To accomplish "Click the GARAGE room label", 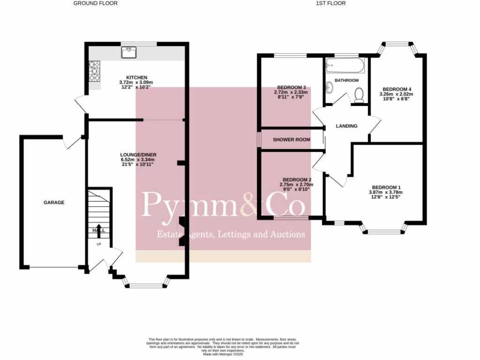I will tap(54, 202).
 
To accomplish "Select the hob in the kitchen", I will tap(94, 72).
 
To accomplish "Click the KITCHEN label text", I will tap(137, 77).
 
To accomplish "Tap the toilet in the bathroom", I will tap(360, 96).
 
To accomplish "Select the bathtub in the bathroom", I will tap(345, 66).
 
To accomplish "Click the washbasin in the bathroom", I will tap(330, 87).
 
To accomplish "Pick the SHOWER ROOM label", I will tap(292, 139).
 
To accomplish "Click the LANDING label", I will tap(347, 126).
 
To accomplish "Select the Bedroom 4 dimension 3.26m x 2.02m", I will tap(396, 94).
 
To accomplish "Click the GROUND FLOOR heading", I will tap(96, 3).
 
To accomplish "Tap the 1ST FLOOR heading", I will tap(330, 3).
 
